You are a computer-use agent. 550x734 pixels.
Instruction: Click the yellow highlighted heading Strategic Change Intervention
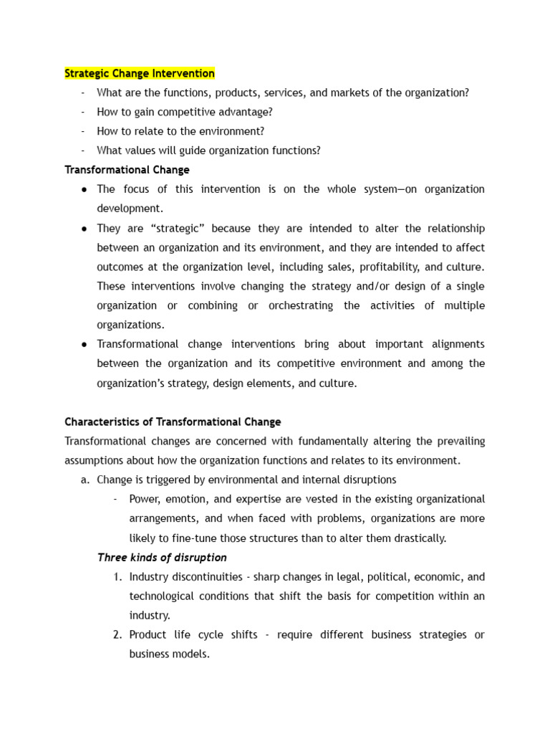pyautogui.click(x=140, y=73)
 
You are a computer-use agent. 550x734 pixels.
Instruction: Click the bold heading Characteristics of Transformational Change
pyautogui.click(x=173, y=422)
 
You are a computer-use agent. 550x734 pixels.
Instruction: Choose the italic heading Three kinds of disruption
pyautogui.click(x=162, y=558)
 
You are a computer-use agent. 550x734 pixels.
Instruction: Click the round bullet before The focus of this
pyautogui.click(x=85, y=190)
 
